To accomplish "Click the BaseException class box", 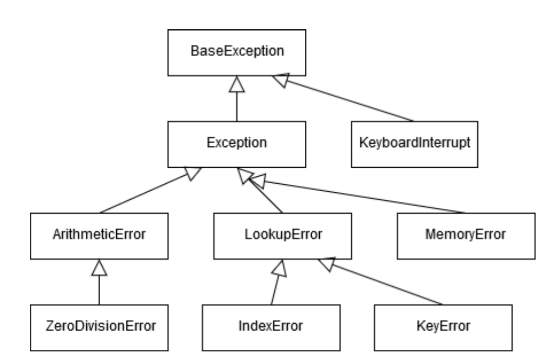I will (237, 52).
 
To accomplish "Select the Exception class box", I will (237, 143).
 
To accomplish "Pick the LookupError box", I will (282, 234).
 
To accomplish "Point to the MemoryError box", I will (465, 234).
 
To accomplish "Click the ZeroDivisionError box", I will (99, 325).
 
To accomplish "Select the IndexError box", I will (271, 325).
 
